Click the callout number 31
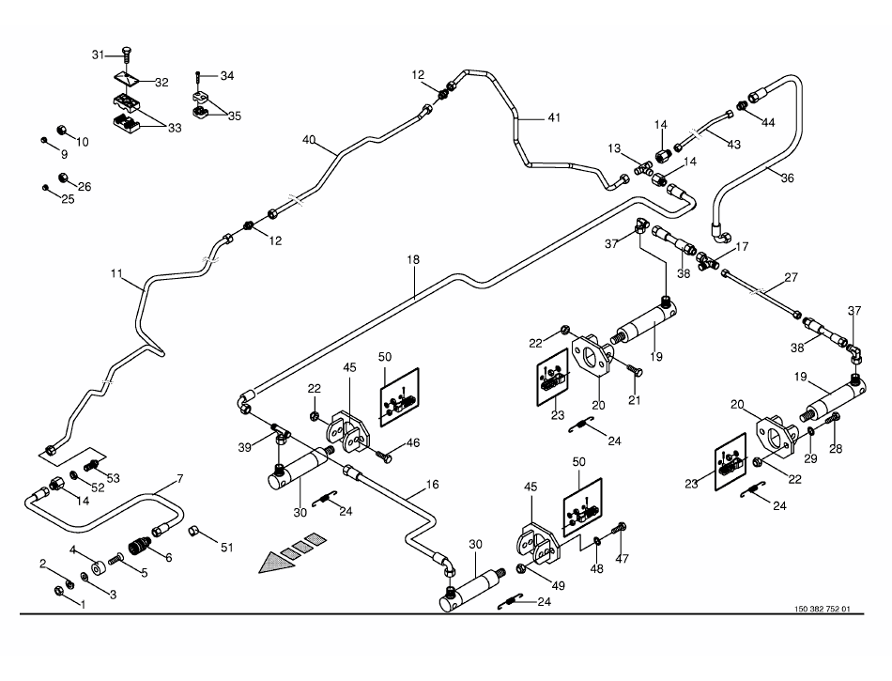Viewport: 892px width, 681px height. tap(97, 55)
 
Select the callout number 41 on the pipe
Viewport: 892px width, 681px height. tap(554, 118)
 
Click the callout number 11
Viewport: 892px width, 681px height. tap(117, 274)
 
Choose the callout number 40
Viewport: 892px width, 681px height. tap(309, 140)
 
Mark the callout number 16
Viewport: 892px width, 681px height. tap(432, 485)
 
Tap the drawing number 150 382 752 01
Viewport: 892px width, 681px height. tap(822, 610)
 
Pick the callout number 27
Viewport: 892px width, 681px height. tap(791, 277)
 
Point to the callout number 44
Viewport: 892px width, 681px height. tap(768, 123)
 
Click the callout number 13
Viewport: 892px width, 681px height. tap(614, 148)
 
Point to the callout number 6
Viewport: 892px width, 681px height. tap(168, 557)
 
